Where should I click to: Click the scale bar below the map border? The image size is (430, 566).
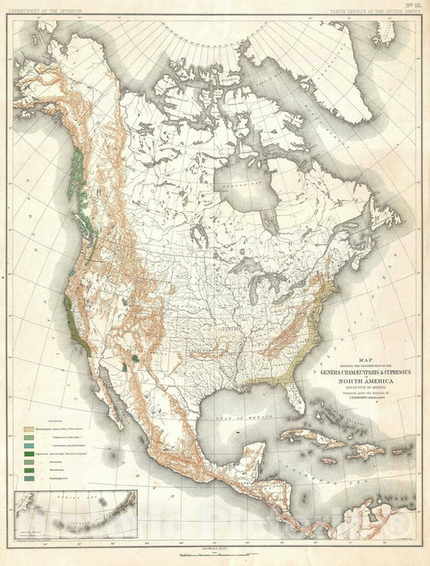click(215, 557)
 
